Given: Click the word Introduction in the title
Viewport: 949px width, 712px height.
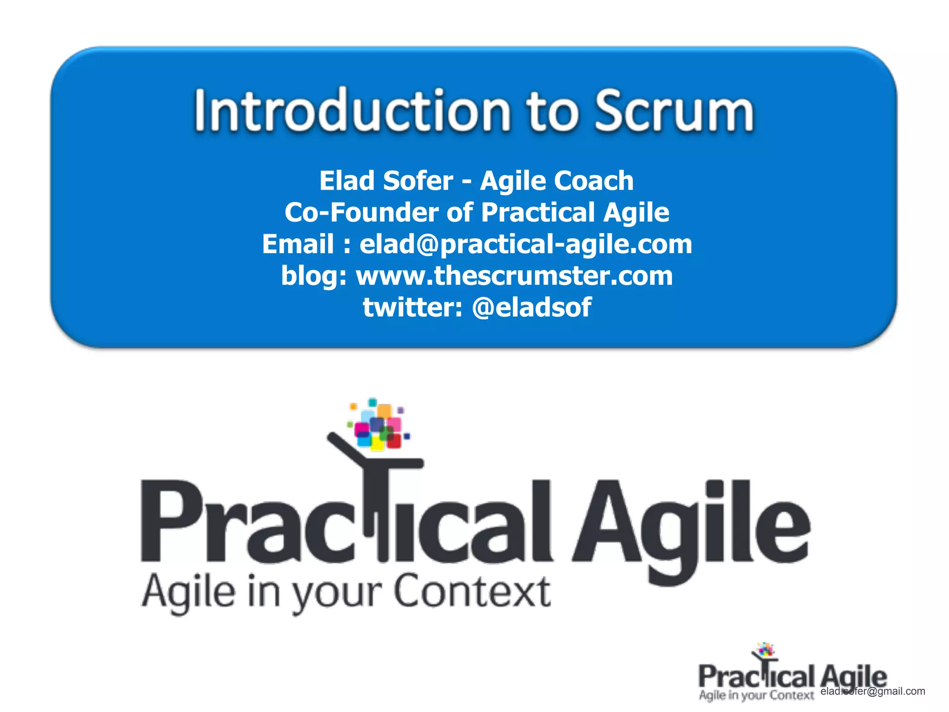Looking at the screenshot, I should point(352,111).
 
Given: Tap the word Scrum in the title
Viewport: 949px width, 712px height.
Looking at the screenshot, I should point(674,111).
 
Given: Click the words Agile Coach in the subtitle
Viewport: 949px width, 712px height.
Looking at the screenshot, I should point(557,181).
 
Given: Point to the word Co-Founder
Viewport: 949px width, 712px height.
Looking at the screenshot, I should point(361,213).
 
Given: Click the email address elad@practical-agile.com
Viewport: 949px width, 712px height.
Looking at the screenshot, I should point(525,244).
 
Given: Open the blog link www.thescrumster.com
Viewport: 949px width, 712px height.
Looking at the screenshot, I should point(514,276).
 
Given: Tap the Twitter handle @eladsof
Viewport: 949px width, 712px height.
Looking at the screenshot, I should point(531,307).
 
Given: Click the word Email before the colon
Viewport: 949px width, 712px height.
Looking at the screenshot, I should point(298,244).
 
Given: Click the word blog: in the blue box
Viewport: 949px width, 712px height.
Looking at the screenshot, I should point(314,277).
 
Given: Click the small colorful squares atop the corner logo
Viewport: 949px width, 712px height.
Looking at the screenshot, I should point(766,649).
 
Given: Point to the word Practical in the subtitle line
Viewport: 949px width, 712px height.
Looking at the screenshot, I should point(538,213).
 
